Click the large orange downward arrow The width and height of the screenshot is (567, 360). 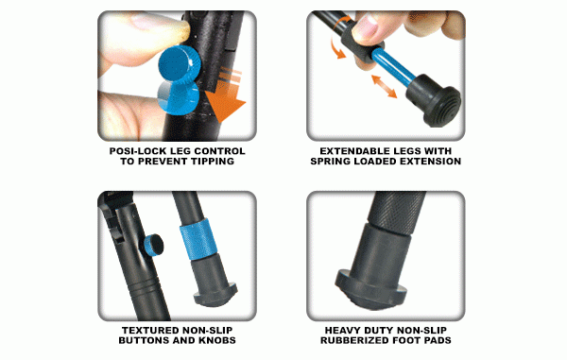(225, 97)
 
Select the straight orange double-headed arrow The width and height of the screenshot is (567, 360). (385, 86)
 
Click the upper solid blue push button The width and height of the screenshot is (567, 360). (180, 63)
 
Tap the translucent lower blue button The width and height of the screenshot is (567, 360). (178, 96)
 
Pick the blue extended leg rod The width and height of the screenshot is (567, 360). (394, 67)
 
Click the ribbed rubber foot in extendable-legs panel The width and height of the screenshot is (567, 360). (433, 100)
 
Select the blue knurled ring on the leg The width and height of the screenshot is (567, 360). (198, 238)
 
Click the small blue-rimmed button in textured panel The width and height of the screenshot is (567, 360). (153, 245)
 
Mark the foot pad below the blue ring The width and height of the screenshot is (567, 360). (214, 279)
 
